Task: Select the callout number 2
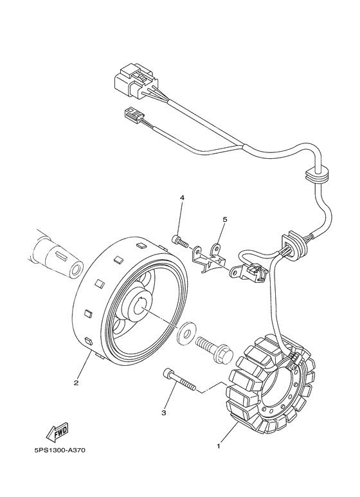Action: [75, 384]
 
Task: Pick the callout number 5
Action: [225, 219]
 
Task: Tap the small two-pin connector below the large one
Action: [134, 117]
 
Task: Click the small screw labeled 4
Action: [180, 242]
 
